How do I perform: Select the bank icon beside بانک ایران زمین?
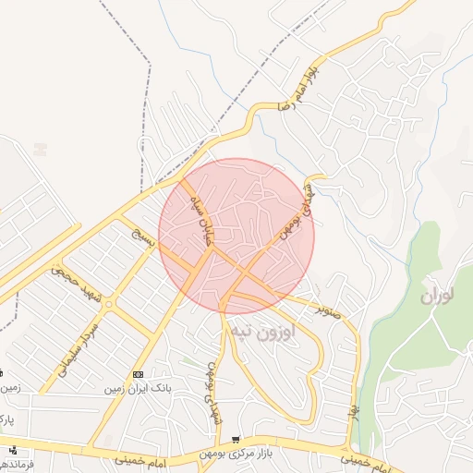click(x=138, y=374)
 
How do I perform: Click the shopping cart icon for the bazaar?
click(x=236, y=440)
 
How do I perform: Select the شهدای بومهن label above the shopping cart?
click(x=213, y=393)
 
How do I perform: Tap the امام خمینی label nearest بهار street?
click(x=358, y=458)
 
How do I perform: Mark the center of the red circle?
click(x=236, y=236)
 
